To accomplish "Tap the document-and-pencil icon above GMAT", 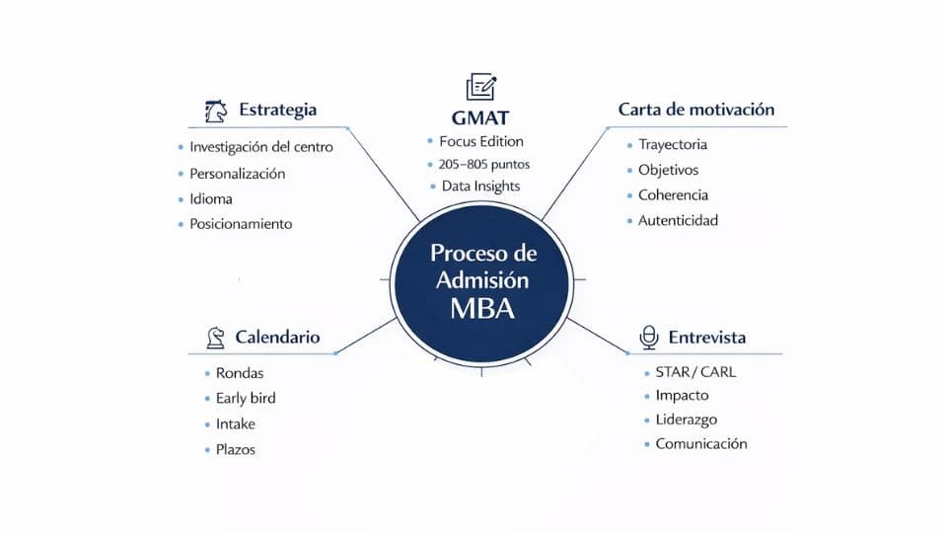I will [480, 87].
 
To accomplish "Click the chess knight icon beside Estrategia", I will [215, 110].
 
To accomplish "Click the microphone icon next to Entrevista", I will [648, 338].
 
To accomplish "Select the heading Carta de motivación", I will [695, 110].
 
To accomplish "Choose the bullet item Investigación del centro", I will [260, 147].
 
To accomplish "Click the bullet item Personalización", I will [237, 174].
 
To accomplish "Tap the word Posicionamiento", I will [241, 224].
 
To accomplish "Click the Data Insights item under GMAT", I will [480, 187].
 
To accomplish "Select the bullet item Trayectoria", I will [672, 145].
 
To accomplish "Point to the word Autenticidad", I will [678, 221].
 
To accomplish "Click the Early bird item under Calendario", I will [246, 399].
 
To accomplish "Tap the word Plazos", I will [236, 449].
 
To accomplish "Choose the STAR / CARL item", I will [695, 373].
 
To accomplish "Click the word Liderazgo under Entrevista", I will [687, 420].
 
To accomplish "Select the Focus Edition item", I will [481, 141].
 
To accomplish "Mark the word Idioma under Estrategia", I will [211, 199].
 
